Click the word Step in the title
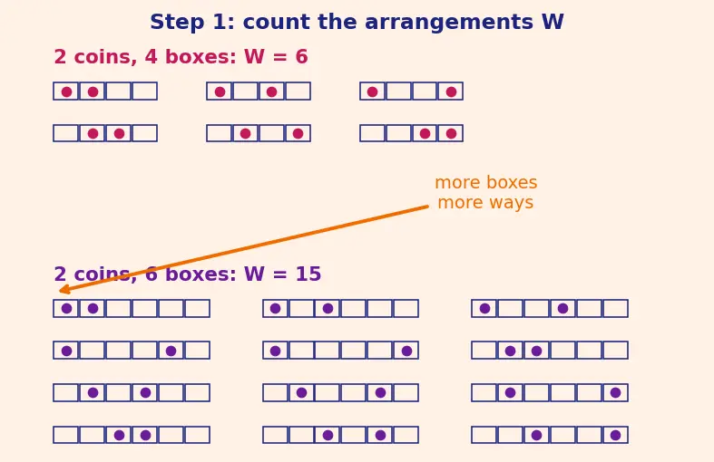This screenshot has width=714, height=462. click(x=177, y=23)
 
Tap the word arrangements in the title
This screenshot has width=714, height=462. click(x=449, y=23)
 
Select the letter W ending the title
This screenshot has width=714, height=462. click(x=553, y=22)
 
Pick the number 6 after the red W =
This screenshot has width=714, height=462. click(x=301, y=57)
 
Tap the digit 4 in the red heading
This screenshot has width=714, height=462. click(x=152, y=57)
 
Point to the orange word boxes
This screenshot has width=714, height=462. click(x=512, y=182)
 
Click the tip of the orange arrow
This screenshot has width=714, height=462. click(x=60, y=291)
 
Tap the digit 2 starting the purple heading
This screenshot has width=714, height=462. click(x=60, y=274)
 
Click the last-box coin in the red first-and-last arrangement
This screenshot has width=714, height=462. click(x=451, y=91)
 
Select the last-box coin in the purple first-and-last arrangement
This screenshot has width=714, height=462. click(x=406, y=351)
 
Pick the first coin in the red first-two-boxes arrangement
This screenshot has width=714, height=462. click(x=66, y=91)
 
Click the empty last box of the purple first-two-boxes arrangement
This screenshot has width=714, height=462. click(x=197, y=308)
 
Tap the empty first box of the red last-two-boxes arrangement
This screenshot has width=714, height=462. click(x=373, y=133)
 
